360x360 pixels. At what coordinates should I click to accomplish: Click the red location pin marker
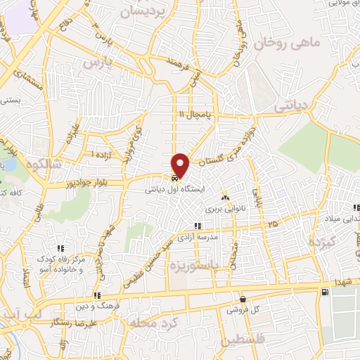click(x=181, y=165)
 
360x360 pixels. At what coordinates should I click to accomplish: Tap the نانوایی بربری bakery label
click(x=222, y=208)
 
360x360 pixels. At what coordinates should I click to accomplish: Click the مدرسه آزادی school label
click(x=215, y=238)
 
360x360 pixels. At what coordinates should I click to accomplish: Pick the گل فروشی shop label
click(x=243, y=309)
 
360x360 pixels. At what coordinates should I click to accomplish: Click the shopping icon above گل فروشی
click(x=243, y=298)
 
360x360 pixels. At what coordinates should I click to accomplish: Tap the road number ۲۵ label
click(x=272, y=224)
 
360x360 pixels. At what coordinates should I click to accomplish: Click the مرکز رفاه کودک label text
click(x=63, y=259)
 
